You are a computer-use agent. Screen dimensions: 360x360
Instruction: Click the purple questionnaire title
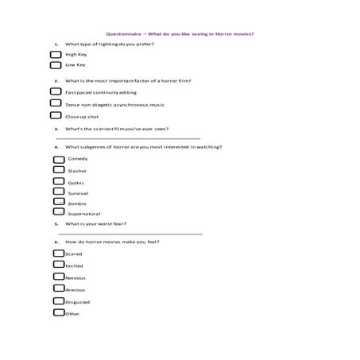186,33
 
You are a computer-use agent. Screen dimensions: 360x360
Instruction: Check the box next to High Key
56,54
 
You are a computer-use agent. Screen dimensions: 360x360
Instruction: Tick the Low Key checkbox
56,64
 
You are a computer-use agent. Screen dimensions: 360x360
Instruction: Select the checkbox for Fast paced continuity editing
56,92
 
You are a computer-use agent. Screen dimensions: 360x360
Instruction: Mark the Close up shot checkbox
56,116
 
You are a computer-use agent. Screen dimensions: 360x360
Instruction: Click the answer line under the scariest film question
127,138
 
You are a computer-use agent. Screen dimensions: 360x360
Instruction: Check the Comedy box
59,159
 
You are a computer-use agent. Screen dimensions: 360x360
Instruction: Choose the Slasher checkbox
59,170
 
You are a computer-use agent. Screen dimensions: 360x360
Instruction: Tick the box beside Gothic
59,181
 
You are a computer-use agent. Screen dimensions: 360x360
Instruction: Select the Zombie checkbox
59,203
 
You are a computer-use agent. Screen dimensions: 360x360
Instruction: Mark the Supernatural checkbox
59,212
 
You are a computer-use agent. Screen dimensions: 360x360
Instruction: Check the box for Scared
58,254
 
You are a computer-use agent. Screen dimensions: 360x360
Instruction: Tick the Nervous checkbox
58,277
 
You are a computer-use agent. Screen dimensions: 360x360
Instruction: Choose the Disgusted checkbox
58,301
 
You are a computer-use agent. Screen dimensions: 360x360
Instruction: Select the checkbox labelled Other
58,313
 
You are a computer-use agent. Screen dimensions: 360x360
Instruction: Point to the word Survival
79,193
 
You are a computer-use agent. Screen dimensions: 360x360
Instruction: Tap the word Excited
74,266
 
